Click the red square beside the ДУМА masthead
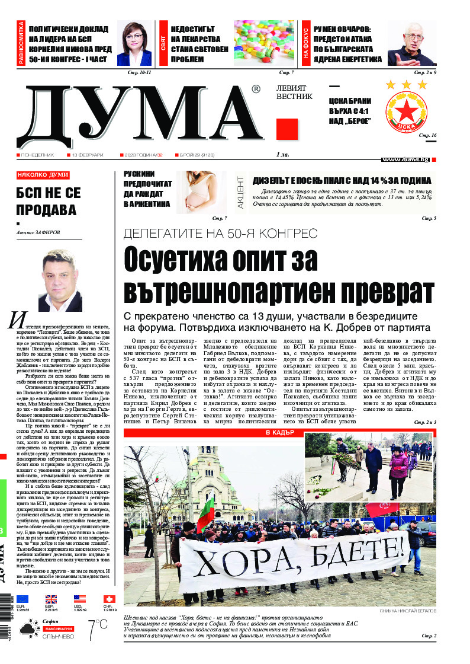coord(287,129)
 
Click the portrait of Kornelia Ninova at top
coord(134,43)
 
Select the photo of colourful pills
coord(263,42)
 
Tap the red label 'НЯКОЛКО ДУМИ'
coord(43,175)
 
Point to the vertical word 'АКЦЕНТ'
coord(240,192)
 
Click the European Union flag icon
coord(22,599)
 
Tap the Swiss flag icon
coord(109,599)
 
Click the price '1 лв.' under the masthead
coord(282,154)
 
